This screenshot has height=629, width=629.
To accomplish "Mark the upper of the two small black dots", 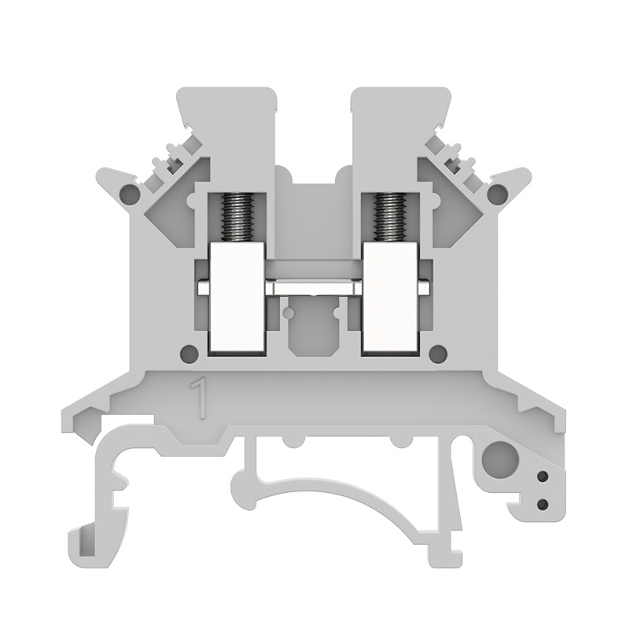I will pos(542,477).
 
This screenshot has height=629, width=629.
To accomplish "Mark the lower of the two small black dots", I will pos(542,502).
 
